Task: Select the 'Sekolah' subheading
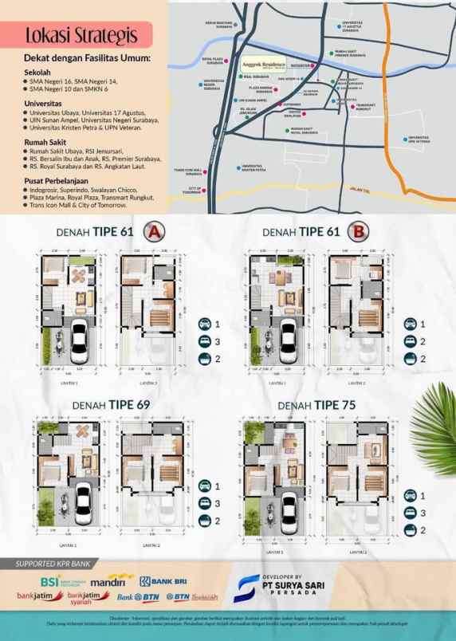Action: pyautogui.click(x=37, y=70)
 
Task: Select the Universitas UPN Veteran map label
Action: pyautogui.click(x=419, y=139)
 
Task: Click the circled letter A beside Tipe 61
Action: pyautogui.click(x=153, y=232)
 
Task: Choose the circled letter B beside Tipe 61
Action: pyautogui.click(x=360, y=232)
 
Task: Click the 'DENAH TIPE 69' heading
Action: pyautogui.click(x=111, y=405)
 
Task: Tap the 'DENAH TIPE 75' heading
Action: pyautogui.click(x=318, y=405)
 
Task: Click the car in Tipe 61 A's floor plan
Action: pyautogui.click(x=80, y=340)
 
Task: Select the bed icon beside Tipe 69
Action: pyautogui.click(x=205, y=485)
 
